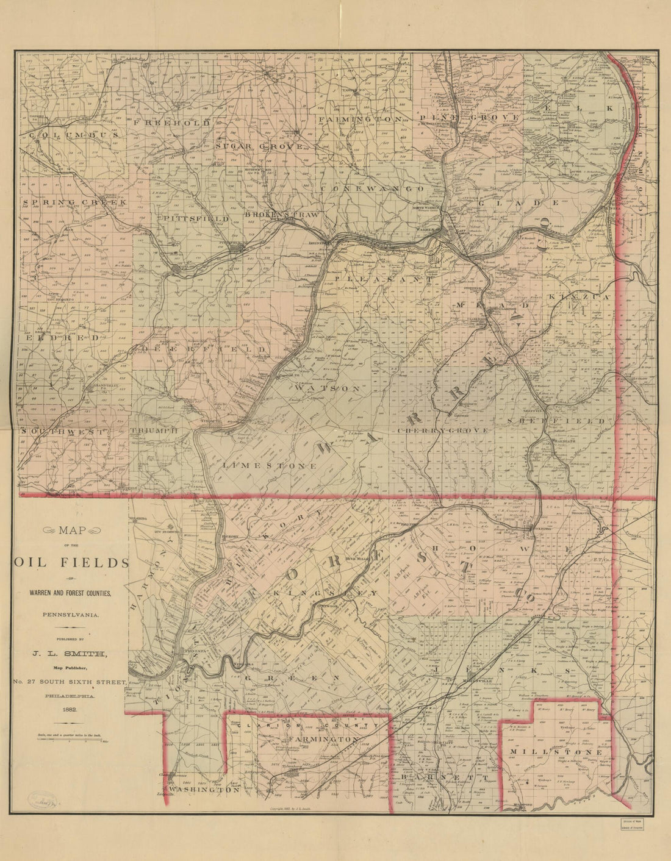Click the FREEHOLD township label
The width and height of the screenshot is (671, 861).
click(x=171, y=123)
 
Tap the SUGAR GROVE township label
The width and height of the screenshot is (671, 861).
click(x=259, y=147)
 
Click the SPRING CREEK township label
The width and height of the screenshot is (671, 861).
click(x=73, y=202)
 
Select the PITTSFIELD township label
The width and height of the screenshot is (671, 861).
click(x=193, y=218)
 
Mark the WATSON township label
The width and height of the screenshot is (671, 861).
click(x=328, y=388)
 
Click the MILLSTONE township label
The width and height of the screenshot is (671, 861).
click(x=556, y=752)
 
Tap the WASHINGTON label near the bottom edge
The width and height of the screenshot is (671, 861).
click(x=204, y=790)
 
